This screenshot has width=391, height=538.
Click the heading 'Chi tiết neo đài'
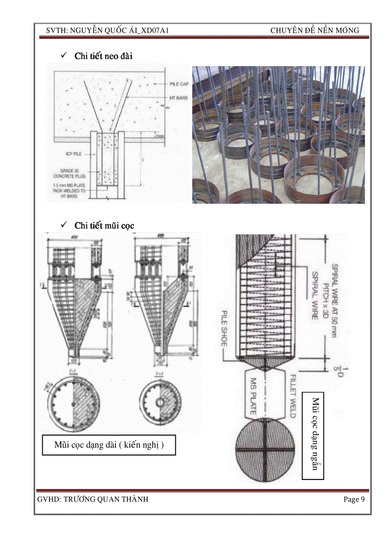coord(103,56)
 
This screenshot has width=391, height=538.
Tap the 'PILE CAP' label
coord(179,84)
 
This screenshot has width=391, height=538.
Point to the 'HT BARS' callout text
coord(178,98)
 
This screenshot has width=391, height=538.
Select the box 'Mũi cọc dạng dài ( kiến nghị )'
coord(109,445)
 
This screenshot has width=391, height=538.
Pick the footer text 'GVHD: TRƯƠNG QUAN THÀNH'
coord(92,500)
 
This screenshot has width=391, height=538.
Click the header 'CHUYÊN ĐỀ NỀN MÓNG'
coord(314,31)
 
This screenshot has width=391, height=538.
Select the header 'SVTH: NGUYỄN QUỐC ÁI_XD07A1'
coord(106,31)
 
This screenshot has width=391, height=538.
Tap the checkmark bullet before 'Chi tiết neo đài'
coord(63,56)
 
